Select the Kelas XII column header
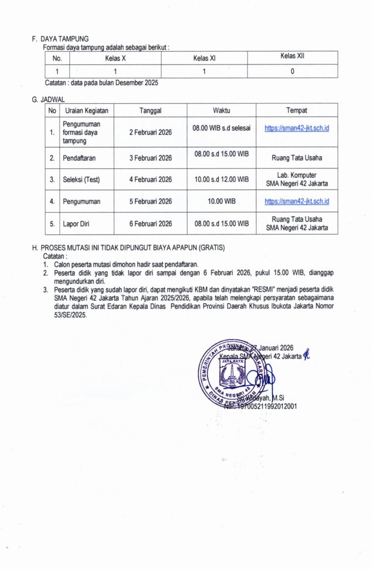(x=292, y=57)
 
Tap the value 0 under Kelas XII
(x=292, y=71)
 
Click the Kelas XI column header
(x=204, y=58)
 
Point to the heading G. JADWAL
(x=49, y=99)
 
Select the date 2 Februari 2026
(x=150, y=132)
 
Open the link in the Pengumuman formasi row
(x=297, y=128)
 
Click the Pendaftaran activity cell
(x=79, y=158)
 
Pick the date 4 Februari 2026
(x=150, y=179)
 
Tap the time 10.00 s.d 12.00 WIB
(x=222, y=179)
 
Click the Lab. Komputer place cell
(x=297, y=179)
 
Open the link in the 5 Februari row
(x=297, y=201)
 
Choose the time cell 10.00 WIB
(x=222, y=201)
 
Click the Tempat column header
(x=297, y=111)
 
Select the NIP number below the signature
(x=261, y=406)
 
